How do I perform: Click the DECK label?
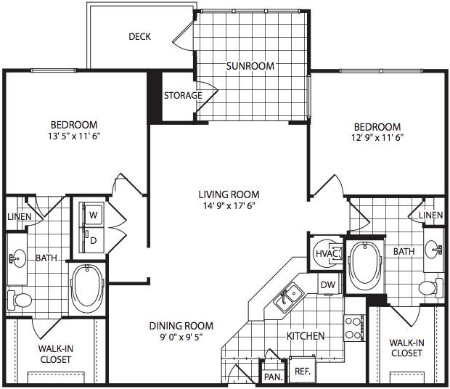(140, 37)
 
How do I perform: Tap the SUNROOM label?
(250, 66)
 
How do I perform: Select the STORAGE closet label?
(183, 95)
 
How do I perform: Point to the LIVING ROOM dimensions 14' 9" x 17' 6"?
(229, 206)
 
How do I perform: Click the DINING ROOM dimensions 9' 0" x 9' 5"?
(181, 337)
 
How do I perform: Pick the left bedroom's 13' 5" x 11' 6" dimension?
(74, 136)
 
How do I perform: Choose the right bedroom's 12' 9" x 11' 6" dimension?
(377, 138)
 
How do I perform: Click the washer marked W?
(93, 214)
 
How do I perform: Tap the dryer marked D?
(93, 240)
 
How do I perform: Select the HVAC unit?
(327, 253)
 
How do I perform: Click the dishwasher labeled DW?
(328, 284)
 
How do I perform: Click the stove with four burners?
(353, 327)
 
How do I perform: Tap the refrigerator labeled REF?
(302, 370)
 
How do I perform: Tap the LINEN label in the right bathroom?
(430, 215)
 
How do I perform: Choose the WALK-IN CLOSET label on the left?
(56, 354)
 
